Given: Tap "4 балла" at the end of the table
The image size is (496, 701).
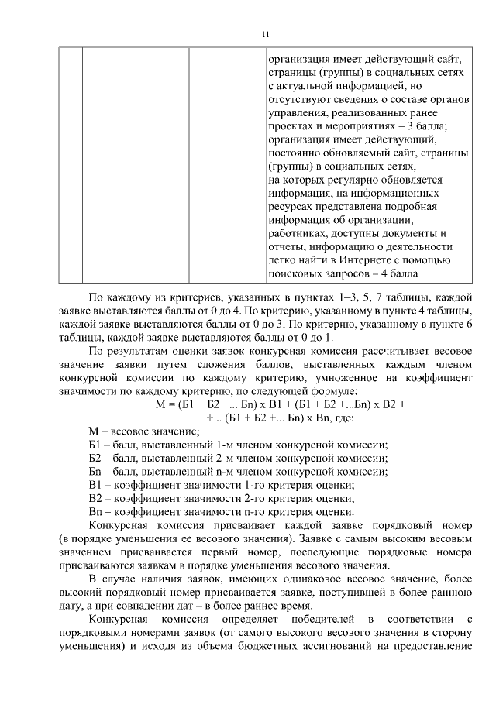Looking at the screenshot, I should (x=400, y=273).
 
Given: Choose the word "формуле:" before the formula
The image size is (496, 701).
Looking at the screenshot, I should (x=378, y=390).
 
